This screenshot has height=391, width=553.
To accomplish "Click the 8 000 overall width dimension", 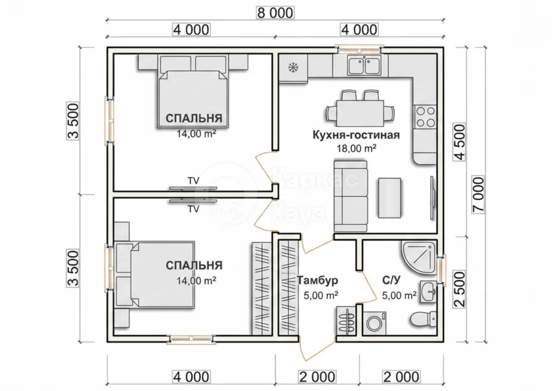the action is [x=275, y=13].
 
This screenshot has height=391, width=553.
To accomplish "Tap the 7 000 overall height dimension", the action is [x=479, y=195].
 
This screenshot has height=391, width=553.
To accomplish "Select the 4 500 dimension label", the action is [x=459, y=141].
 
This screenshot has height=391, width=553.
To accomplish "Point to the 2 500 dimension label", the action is [x=459, y=289].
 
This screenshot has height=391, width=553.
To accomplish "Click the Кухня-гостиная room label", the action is [x=357, y=135].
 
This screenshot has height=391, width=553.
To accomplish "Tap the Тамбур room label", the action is [x=317, y=280].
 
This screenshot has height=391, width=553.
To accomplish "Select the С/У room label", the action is [x=392, y=280].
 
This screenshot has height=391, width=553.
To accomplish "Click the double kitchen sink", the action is [x=364, y=65].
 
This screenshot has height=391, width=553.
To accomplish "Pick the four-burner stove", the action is [x=425, y=117].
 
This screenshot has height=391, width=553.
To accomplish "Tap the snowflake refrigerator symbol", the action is [x=292, y=66].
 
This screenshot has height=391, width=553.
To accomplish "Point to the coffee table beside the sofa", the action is [x=390, y=198].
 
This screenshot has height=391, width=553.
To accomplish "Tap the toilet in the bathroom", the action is [x=424, y=319].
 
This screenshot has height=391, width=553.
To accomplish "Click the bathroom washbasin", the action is [x=429, y=292].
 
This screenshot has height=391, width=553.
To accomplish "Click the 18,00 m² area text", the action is [x=357, y=148].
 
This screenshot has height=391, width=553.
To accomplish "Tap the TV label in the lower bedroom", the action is [x=193, y=209].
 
